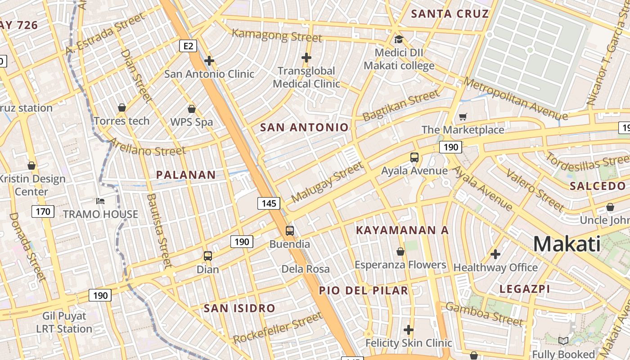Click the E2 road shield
188,46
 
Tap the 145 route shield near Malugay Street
269,203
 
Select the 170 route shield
43,211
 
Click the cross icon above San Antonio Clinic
209,60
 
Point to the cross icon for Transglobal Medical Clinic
306,57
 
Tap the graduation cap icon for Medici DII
398,39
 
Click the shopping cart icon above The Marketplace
463,117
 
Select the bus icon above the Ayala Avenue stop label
414,157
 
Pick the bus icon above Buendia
290,231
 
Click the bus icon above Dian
207,256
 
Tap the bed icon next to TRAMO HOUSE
100,201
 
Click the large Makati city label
567,244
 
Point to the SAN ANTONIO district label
304,127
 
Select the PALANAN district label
186,175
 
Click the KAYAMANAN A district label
402,230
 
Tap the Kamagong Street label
277,35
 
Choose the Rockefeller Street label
278,328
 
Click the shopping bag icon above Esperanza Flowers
400,252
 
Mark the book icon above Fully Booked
563,341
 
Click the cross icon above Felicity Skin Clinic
409,330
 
